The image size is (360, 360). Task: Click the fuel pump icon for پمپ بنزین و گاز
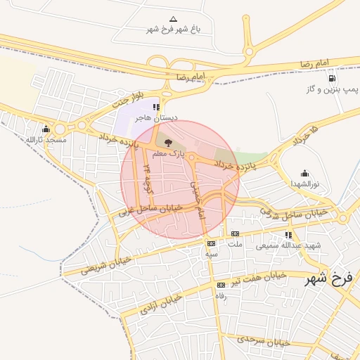tap(331, 79)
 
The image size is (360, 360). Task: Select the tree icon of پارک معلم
tap(167, 142)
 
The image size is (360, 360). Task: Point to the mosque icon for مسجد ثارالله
tap(46, 129)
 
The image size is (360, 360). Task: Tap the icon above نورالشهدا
tap(304, 173)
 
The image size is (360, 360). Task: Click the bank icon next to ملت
tap(235, 233)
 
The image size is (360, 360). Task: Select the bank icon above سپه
tap(211, 243)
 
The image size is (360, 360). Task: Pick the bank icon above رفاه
tap(221, 285)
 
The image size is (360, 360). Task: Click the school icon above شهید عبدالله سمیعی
tap(288, 235)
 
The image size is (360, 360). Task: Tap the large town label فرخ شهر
tap(328, 279)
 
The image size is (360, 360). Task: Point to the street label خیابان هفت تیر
tap(262, 279)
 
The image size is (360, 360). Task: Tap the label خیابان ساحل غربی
tap(150, 210)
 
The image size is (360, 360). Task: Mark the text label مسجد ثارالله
tap(46, 140)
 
